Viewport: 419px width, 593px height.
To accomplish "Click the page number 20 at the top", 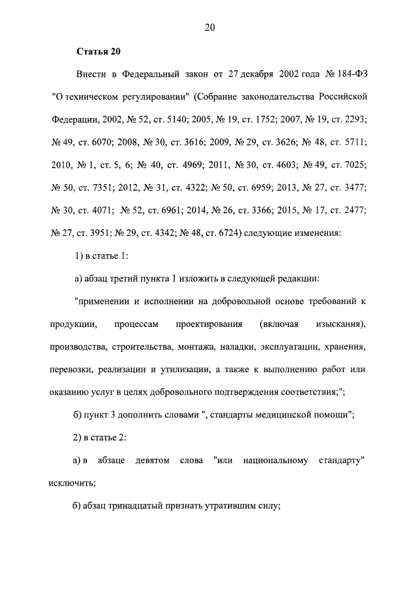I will [x=209, y=27].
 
